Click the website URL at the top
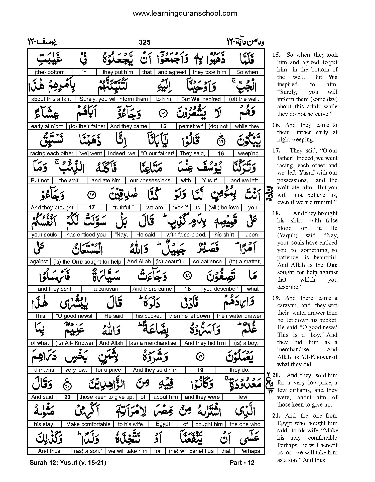(185, 13)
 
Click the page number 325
(145, 42)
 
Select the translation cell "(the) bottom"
(50, 72)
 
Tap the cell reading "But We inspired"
(201, 99)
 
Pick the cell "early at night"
(47, 126)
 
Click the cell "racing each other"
(52, 153)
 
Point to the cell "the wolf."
(69, 181)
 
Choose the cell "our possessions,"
(151, 181)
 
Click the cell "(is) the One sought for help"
(87, 262)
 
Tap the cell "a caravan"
(106, 289)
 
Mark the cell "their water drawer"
(239, 316)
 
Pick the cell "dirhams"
(44, 370)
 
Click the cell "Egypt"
(163, 424)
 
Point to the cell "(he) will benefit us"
(191, 451)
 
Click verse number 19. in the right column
(276, 298)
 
